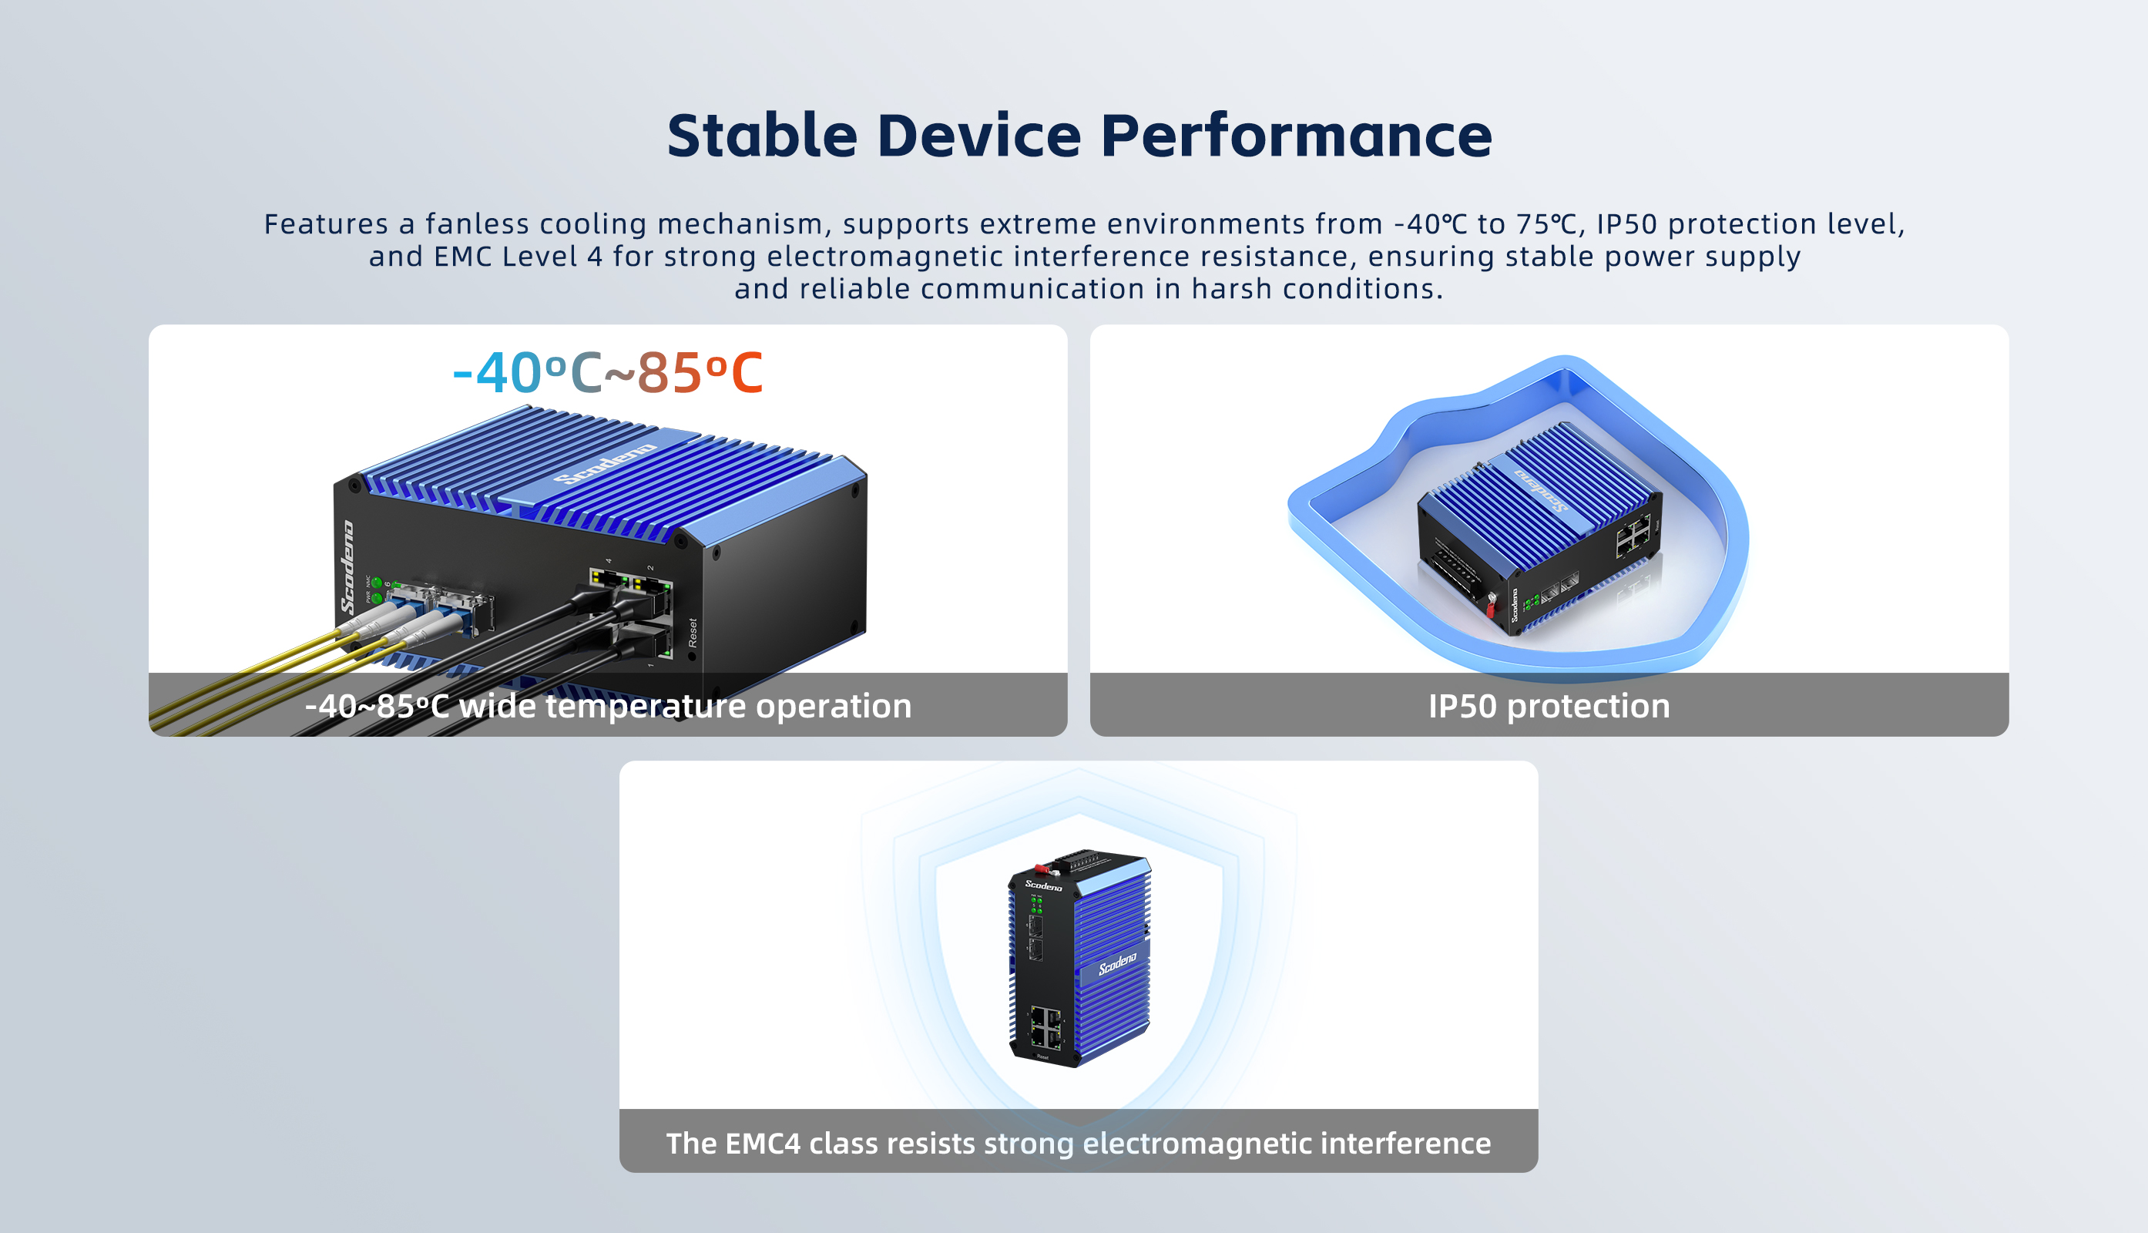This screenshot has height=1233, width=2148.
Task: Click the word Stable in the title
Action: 762,136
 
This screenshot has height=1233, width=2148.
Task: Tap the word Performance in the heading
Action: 1296,136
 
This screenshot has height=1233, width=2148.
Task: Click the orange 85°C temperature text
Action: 700,373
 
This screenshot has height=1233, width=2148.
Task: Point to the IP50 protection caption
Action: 1549,705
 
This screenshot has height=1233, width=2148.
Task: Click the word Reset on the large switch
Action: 693,633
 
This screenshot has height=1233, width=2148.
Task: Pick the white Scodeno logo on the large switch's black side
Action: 347,567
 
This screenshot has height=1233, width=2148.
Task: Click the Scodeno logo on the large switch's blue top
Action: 606,465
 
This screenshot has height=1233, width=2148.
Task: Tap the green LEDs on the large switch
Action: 377,590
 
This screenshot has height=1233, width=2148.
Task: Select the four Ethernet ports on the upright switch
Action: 1045,1026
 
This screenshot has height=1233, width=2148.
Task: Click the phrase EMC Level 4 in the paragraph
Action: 519,257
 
